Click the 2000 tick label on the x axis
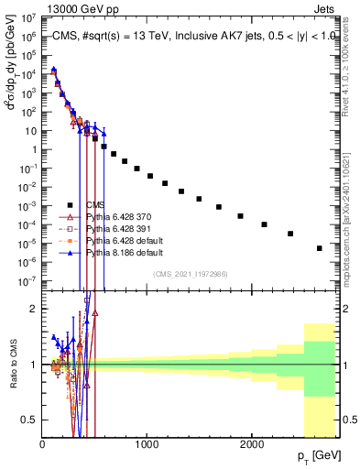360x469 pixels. [251, 443]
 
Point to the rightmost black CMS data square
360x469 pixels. [320, 248]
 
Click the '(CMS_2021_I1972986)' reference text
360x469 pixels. [191, 274]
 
